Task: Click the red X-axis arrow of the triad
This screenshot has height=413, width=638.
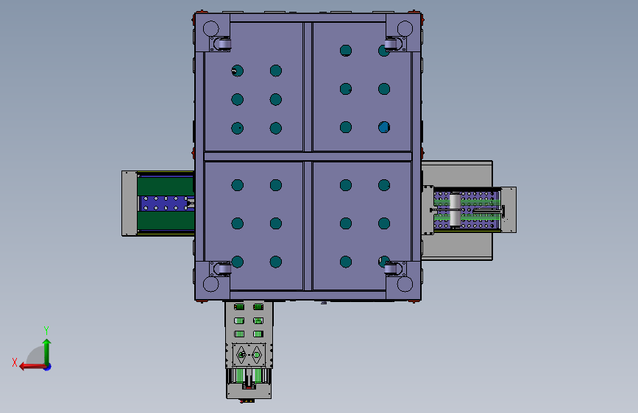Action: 28,366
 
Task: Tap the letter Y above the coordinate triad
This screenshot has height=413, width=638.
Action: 46,330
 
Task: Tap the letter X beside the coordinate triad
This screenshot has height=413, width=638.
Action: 15,362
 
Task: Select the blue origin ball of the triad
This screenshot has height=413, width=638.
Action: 47,366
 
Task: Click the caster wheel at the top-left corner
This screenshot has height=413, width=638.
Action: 221,46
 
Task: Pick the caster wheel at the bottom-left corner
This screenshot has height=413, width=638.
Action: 221,268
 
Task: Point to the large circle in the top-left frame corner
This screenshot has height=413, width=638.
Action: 210,29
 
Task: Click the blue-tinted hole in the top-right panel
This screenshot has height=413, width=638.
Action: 384,127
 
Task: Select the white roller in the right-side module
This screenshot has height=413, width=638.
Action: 456,210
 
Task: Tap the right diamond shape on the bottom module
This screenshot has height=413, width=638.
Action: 258,356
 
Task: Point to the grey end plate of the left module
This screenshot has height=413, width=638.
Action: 130,204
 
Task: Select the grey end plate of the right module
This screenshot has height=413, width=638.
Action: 509,209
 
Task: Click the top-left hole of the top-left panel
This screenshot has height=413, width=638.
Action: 237,71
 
